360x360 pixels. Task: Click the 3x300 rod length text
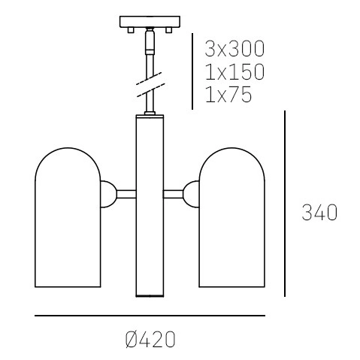pos(234,50)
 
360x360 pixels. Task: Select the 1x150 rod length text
pos(234,73)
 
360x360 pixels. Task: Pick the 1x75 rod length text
pos(228,95)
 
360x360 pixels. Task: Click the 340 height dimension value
pos(319,213)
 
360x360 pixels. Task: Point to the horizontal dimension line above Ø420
pos(150,316)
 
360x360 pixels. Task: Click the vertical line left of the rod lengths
pos(193,71)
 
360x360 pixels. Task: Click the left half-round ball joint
pos(110,193)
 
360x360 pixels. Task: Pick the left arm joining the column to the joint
pos(126,193)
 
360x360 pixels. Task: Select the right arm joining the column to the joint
pos(175,193)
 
